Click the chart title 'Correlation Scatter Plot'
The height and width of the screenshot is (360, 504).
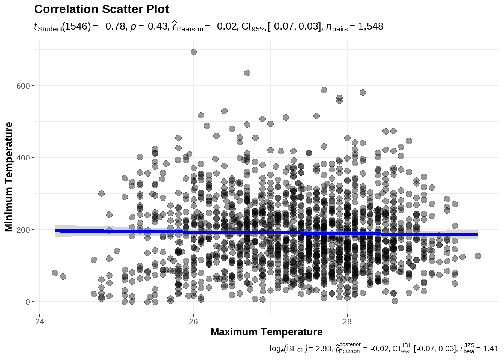point(101,9)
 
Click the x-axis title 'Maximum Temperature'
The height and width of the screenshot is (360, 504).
point(267,332)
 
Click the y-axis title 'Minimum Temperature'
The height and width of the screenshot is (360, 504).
point(9,177)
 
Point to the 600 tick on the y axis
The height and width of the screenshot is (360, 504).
point(23,86)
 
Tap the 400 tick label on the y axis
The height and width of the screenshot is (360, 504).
point(23,158)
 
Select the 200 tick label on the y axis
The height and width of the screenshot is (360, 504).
point(23,230)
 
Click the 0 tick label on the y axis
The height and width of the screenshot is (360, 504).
point(28,302)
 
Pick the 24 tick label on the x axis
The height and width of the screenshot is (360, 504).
point(39,321)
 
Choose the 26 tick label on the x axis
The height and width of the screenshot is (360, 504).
point(193,321)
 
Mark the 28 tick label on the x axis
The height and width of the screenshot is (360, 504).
point(347,321)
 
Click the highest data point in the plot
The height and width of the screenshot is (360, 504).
point(193,52)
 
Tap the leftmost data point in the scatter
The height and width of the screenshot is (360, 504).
point(55,273)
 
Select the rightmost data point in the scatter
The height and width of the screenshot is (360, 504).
point(478,256)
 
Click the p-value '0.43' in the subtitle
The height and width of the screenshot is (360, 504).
point(157,27)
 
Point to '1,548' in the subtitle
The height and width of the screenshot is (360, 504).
point(370,27)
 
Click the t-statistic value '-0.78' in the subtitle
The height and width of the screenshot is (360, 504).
point(113,27)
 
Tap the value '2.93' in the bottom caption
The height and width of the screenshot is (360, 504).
point(323,348)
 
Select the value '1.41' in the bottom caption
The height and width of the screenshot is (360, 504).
point(490,348)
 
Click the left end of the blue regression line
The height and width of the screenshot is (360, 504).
point(56,231)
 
